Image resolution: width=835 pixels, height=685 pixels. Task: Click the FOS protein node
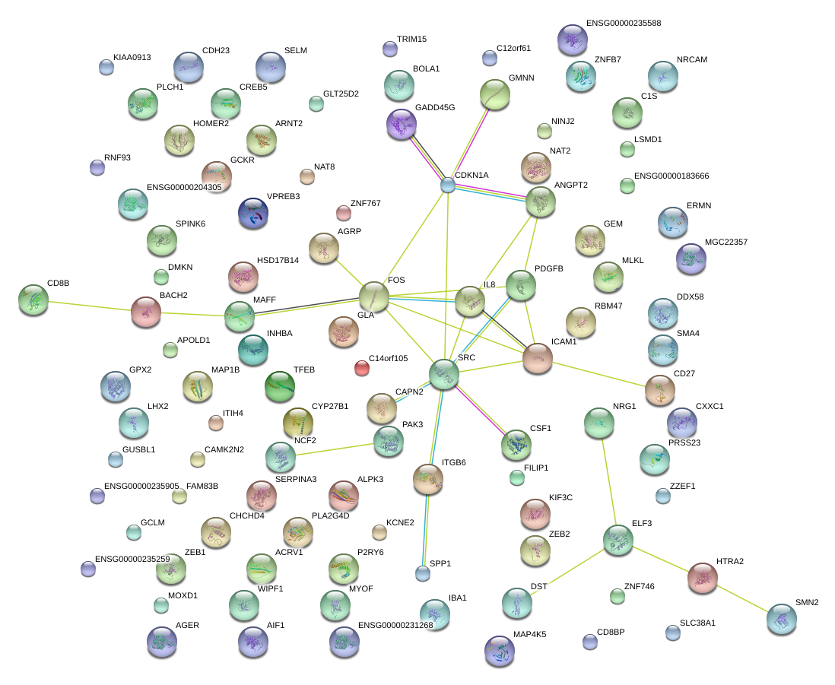tap(373, 297)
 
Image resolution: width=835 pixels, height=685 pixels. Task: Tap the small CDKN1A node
tap(448, 185)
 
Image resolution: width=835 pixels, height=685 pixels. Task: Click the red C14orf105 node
tap(362, 369)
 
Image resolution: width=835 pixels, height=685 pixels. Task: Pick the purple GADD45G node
tap(401, 124)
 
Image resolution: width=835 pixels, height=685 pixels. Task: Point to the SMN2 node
tap(782, 619)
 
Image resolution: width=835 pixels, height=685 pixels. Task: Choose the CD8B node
tap(33, 300)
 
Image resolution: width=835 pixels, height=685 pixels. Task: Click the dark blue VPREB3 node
tap(253, 214)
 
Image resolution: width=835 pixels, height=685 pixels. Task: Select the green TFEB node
tap(279, 386)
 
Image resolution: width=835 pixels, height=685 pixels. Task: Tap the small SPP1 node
tap(423, 573)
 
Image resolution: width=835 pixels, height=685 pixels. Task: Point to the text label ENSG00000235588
tap(624, 24)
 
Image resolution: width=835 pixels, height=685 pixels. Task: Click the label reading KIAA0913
tap(132, 57)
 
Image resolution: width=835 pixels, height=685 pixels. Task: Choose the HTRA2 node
tap(702, 579)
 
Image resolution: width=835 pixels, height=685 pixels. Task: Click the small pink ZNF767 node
tap(343, 213)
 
